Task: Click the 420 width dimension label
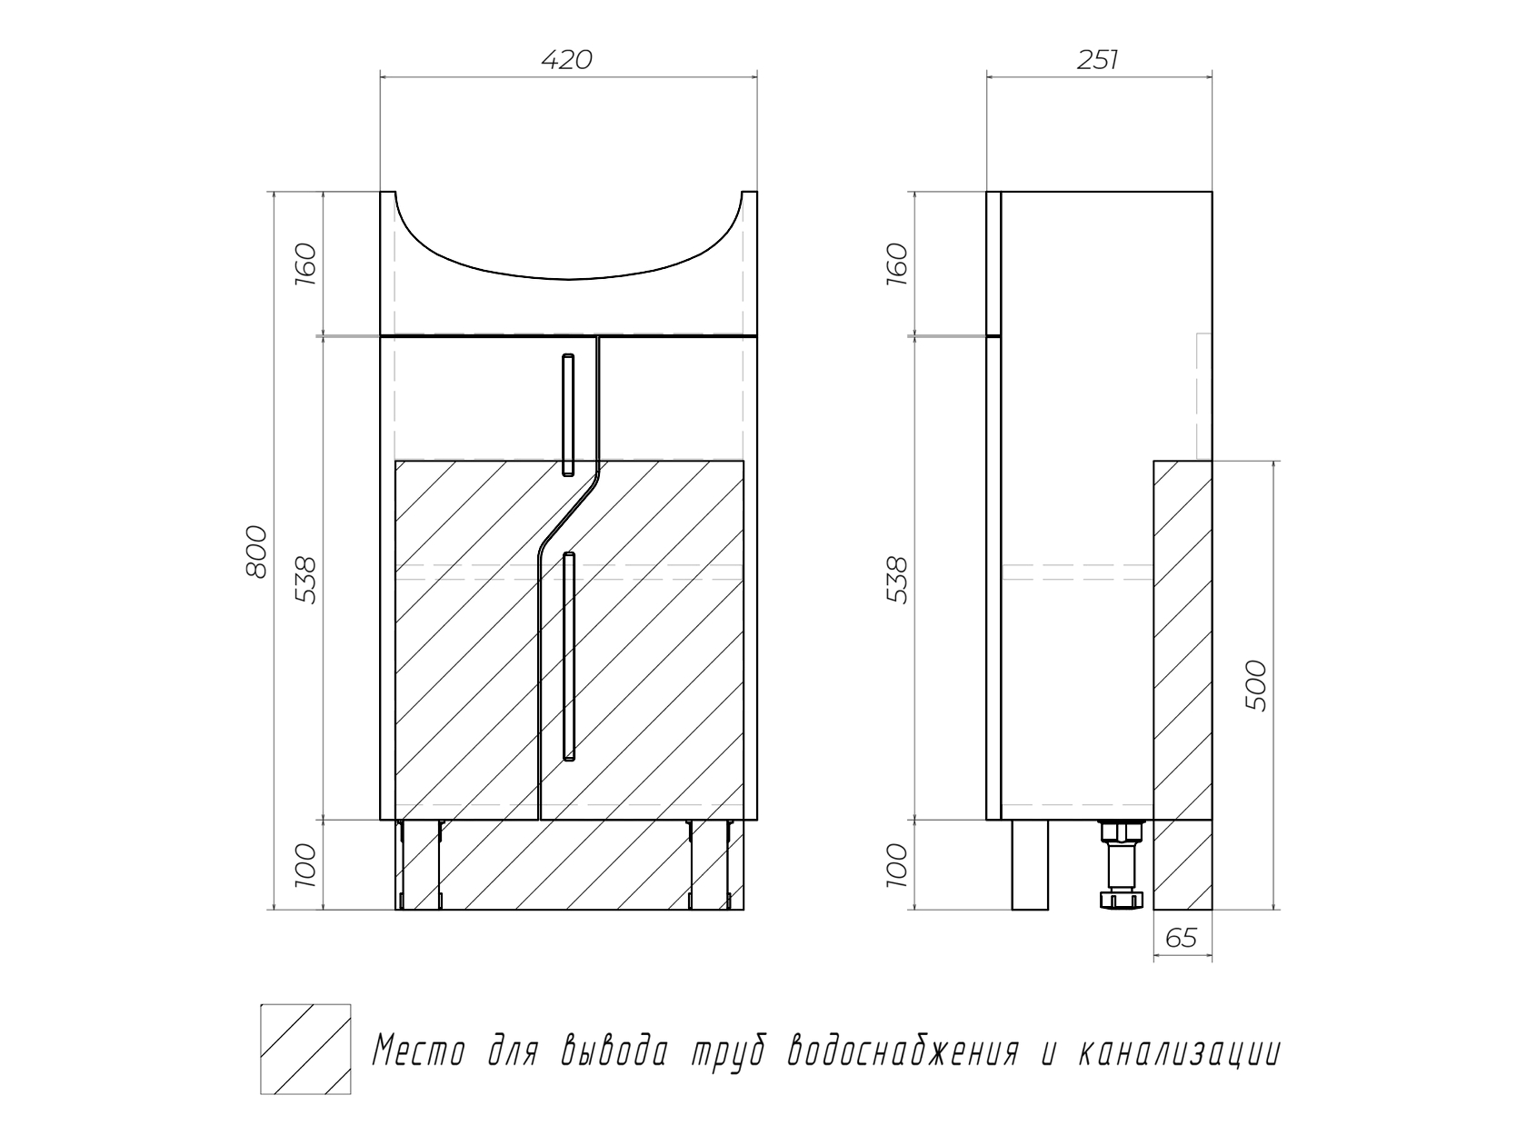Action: [x=567, y=61]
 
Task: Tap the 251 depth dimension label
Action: [x=1098, y=61]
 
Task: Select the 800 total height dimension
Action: [x=256, y=552]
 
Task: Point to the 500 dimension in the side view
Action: [x=1256, y=685]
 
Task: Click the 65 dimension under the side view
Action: [x=1182, y=939]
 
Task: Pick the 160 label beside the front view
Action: [x=306, y=264]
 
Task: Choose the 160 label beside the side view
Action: [x=897, y=264]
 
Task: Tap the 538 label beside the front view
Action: [x=306, y=580]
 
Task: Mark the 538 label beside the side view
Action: [x=897, y=580]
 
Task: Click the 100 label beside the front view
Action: [x=306, y=865]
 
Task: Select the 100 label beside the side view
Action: [x=897, y=865]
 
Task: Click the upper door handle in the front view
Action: [x=568, y=415]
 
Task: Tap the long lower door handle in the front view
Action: [x=569, y=656]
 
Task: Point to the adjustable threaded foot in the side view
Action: [x=1122, y=864]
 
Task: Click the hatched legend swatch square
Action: [x=305, y=1049]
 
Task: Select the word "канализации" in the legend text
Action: [x=1179, y=1050]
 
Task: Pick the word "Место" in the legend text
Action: [x=419, y=1050]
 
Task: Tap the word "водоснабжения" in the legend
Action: [x=903, y=1050]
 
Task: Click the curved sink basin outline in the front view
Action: [x=568, y=279]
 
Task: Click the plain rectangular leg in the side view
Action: [x=1030, y=864]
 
